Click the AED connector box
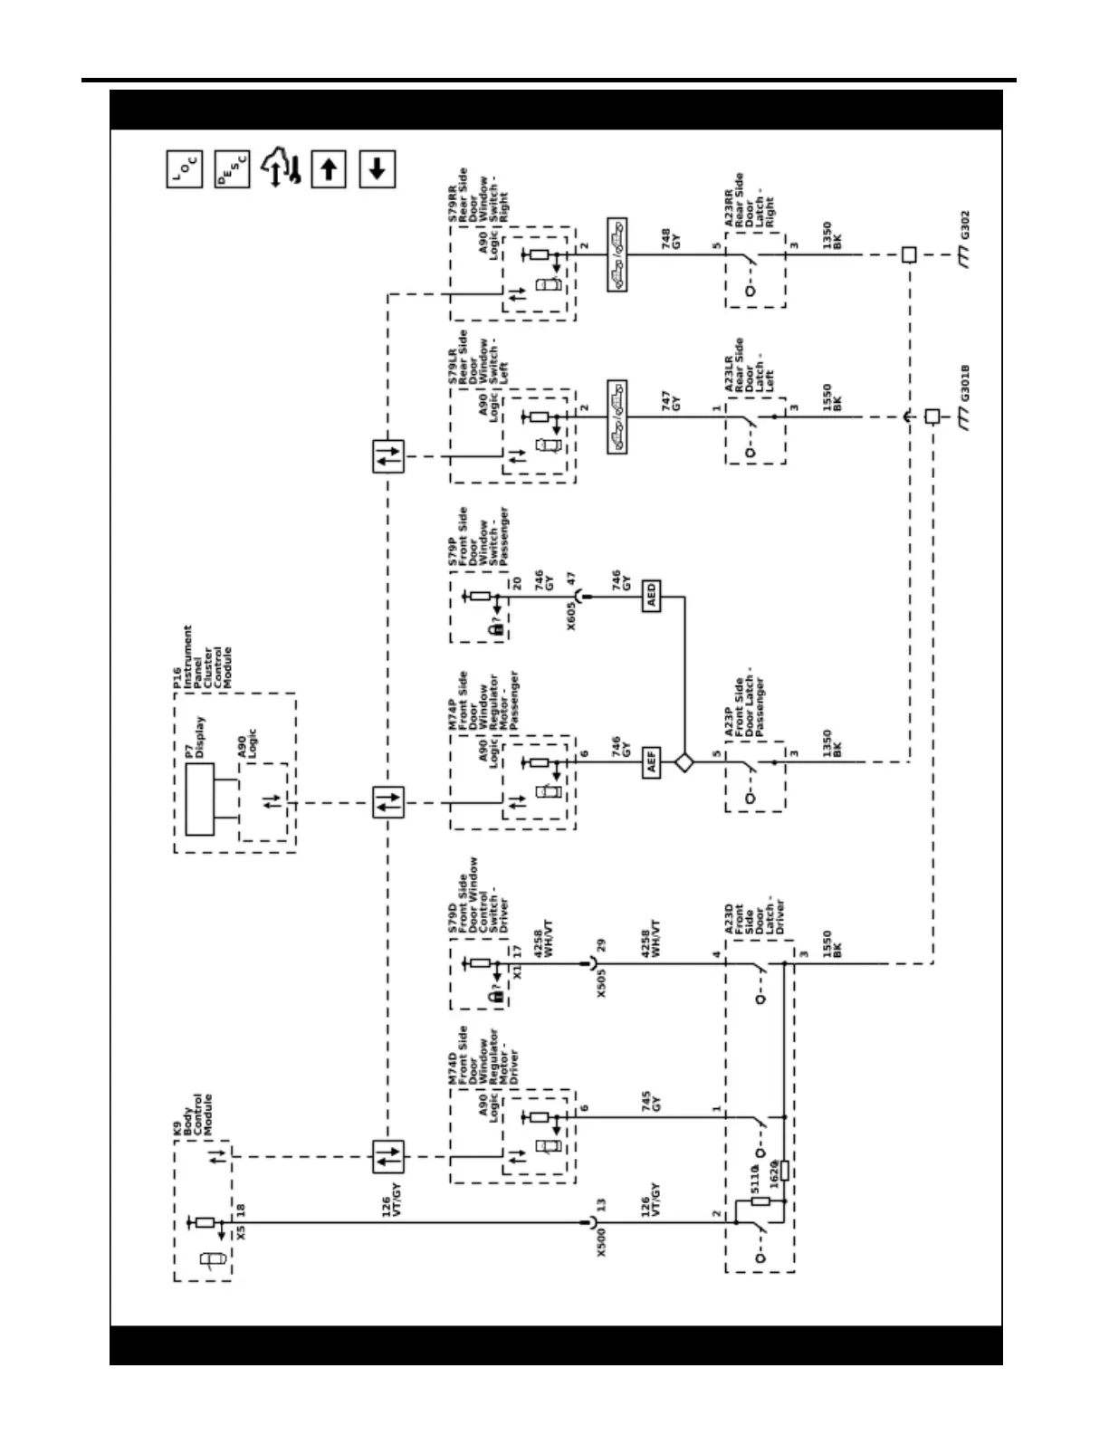click(651, 598)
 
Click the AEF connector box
click(651, 764)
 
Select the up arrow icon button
click(330, 169)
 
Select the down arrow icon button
click(378, 169)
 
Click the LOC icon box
click(184, 169)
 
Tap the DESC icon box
click(233, 169)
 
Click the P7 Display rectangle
click(200, 799)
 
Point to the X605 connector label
click(572, 614)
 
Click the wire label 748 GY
click(671, 239)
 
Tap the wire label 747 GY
click(671, 401)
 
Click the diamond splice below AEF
click(684, 764)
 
